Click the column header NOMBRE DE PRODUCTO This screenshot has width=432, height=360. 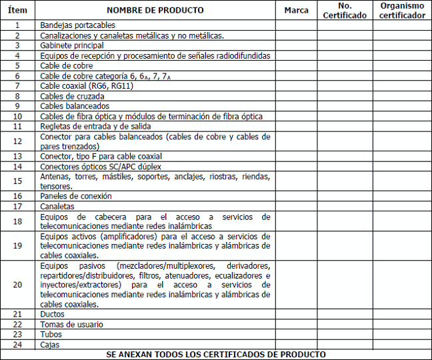(155, 11)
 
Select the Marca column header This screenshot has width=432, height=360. (296, 11)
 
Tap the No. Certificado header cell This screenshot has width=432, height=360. (344, 11)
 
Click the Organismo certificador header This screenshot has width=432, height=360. (401, 11)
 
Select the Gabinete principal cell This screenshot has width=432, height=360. (72, 45)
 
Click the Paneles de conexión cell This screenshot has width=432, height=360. (76, 196)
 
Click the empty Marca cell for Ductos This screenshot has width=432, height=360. (296, 314)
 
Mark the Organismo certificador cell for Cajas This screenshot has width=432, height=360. (401, 345)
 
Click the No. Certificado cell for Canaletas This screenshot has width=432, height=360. (344, 207)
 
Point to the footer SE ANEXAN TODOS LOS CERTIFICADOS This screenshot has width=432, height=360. (216, 354)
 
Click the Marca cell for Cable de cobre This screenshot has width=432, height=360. (296, 65)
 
